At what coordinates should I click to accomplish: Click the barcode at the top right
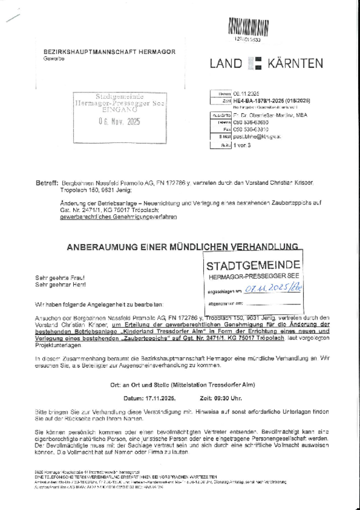[x=248, y=27]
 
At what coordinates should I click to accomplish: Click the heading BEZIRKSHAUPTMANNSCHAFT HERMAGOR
[x=109, y=52]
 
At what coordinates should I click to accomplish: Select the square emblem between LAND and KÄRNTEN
[x=254, y=63]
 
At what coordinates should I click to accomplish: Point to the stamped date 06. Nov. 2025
[x=119, y=122]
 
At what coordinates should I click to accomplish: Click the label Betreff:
[x=47, y=182]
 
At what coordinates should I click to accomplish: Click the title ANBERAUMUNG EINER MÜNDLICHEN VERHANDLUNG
[x=183, y=246]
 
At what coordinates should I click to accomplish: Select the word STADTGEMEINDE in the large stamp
[x=253, y=265]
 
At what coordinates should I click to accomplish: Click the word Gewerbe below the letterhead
[x=55, y=59]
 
